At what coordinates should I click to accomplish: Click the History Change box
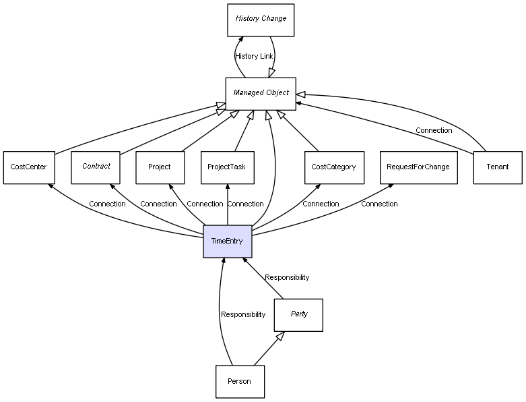[x=261, y=20]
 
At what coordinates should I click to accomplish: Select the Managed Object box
[x=261, y=93]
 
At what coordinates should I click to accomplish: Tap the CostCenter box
[x=28, y=167]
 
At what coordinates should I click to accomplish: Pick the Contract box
[x=96, y=167]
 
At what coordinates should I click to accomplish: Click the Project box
[x=160, y=167]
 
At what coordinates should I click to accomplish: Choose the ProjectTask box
[x=227, y=167]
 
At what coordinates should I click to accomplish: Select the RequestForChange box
[x=418, y=167]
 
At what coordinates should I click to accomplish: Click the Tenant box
[x=498, y=167]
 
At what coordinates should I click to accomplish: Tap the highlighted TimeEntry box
[x=227, y=241]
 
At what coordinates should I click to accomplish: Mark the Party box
[x=298, y=315]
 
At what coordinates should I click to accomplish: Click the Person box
[x=239, y=382]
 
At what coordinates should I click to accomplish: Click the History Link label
[x=254, y=57]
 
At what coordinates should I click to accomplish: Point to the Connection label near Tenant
[x=434, y=131]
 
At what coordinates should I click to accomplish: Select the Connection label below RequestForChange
[x=379, y=204]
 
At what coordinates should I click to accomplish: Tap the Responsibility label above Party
[x=287, y=278]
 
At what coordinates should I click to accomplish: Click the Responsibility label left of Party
[x=243, y=315]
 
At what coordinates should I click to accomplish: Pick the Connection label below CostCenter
[x=107, y=204]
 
